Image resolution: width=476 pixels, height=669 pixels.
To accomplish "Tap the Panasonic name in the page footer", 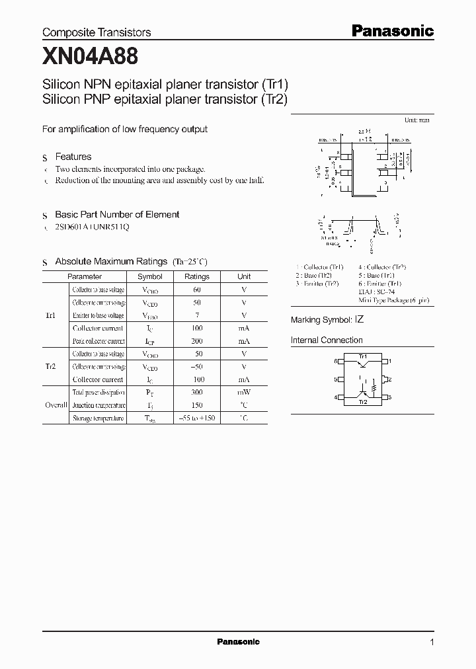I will (x=238, y=642).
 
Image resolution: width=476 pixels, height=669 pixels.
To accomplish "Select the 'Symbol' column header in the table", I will (x=149, y=277).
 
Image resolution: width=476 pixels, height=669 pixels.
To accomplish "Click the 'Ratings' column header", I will (x=196, y=277).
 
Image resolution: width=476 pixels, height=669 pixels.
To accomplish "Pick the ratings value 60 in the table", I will (x=196, y=290).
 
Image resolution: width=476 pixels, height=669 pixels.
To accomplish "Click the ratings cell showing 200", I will (x=196, y=341).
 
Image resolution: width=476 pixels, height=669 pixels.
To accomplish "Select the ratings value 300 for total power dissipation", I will (x=196, y=392).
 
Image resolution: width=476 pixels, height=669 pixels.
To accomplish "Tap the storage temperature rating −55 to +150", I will (x=196, y=418).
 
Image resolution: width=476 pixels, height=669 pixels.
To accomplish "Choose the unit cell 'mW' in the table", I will (x=244, y=392).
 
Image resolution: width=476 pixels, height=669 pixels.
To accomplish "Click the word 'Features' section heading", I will (x=73, y=157).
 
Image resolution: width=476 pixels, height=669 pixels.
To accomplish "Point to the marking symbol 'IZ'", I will (x=359, y=319).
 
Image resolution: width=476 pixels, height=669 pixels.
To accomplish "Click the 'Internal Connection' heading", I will (x=327, y=340).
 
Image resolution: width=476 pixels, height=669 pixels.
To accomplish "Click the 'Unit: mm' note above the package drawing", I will (x=416, y=120).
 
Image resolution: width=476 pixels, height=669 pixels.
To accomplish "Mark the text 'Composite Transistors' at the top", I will (x=97, y=32).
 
